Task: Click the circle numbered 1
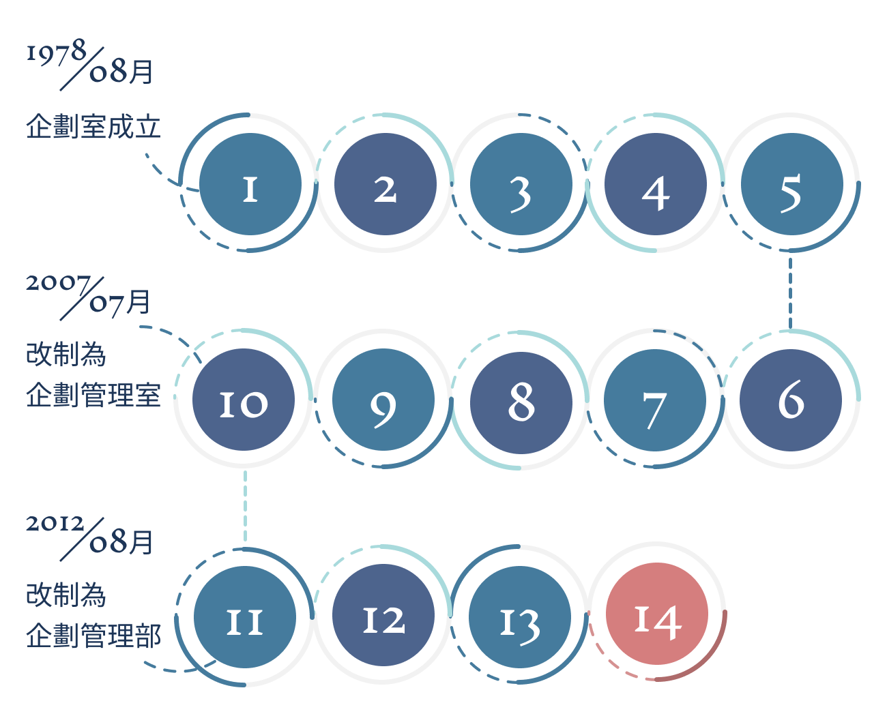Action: [x=250, y=184]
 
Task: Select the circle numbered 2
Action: [x=385, y=184]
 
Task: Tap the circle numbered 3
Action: [x=521, y=184]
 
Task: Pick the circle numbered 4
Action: [x=656, y=184]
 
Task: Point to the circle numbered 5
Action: [x=791, y=184]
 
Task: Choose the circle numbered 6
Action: [x=791, y=400]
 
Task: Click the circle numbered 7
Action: [x=655, y=400]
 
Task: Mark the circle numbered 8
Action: [x=521, y=400]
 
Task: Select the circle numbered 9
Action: [x=383, y=400]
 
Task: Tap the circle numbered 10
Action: [x=244, y=400]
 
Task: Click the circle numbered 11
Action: [x=245, y=617]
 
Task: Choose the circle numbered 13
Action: [x=520, y=617]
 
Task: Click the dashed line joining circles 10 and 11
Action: [x=245, y=506]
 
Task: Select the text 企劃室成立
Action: [x=93, y=127]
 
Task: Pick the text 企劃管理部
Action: [x=93, y=636]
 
